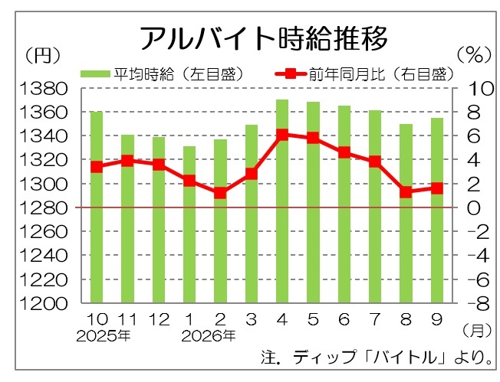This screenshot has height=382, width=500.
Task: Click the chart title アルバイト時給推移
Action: (x=264, y=38)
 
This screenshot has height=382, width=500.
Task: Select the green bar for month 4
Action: (x=282, y=201)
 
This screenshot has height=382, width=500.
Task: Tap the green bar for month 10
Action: (x=97, y=207)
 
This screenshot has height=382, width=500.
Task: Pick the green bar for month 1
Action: (x=189, y=224)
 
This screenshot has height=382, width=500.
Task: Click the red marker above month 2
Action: (x=220, y=193)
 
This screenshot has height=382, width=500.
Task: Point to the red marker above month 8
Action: (x=406, y=192)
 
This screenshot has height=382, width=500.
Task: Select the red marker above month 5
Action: (x=313, y=138)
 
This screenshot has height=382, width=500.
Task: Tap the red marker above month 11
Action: (x=127, y=161)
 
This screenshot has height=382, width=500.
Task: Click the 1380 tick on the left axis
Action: (x=44, y=89)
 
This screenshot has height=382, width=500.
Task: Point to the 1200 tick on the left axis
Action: (x=44, y=304)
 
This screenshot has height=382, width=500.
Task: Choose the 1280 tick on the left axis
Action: (x=44, y=208)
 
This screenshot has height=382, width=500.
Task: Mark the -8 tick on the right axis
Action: (x=479, y=304)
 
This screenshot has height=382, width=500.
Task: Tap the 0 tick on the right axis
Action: (x=474, y=208)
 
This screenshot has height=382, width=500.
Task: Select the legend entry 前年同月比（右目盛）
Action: (x=364, y=74)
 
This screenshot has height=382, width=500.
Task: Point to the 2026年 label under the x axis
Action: (x=209, y=336)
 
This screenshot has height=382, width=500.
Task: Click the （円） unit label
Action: (x=43, y=55)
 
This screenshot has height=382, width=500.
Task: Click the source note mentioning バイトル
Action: (x=377, y=358)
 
